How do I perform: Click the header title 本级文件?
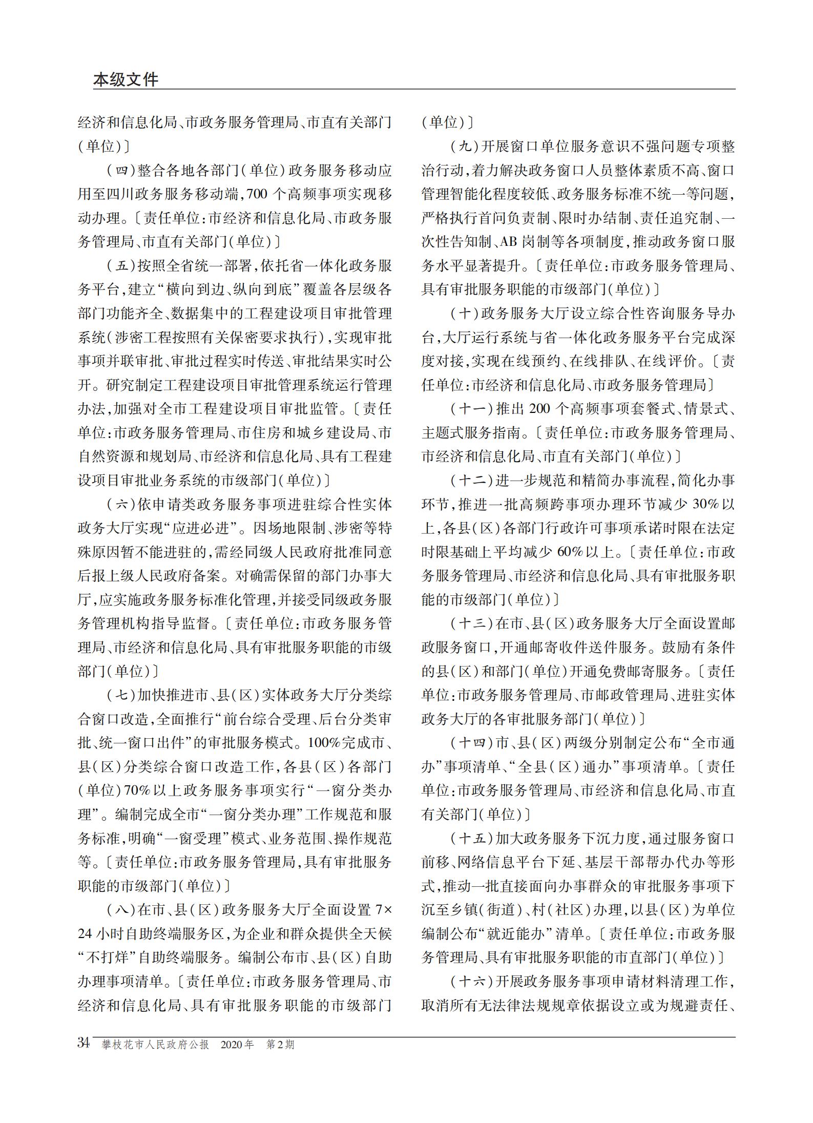point(126,79)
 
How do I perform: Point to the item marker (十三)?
point(471,624)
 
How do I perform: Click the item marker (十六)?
point(471,982)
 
